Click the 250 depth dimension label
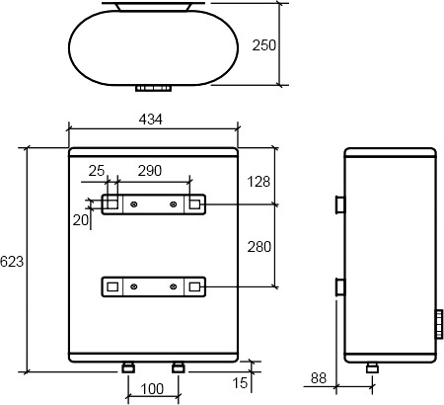(x=264, y=45)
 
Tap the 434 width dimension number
(x=151, y=120)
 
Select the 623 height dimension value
(x=12, y=262)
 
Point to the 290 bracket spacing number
(x=150, y=171)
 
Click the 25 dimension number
(x=97, y=171)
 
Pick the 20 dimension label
(x=81, y=220)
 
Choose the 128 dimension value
(x=259, y=182)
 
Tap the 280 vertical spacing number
(x=259, y=247)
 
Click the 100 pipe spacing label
(x=152, y=389)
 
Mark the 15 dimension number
(x=240, y=383)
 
